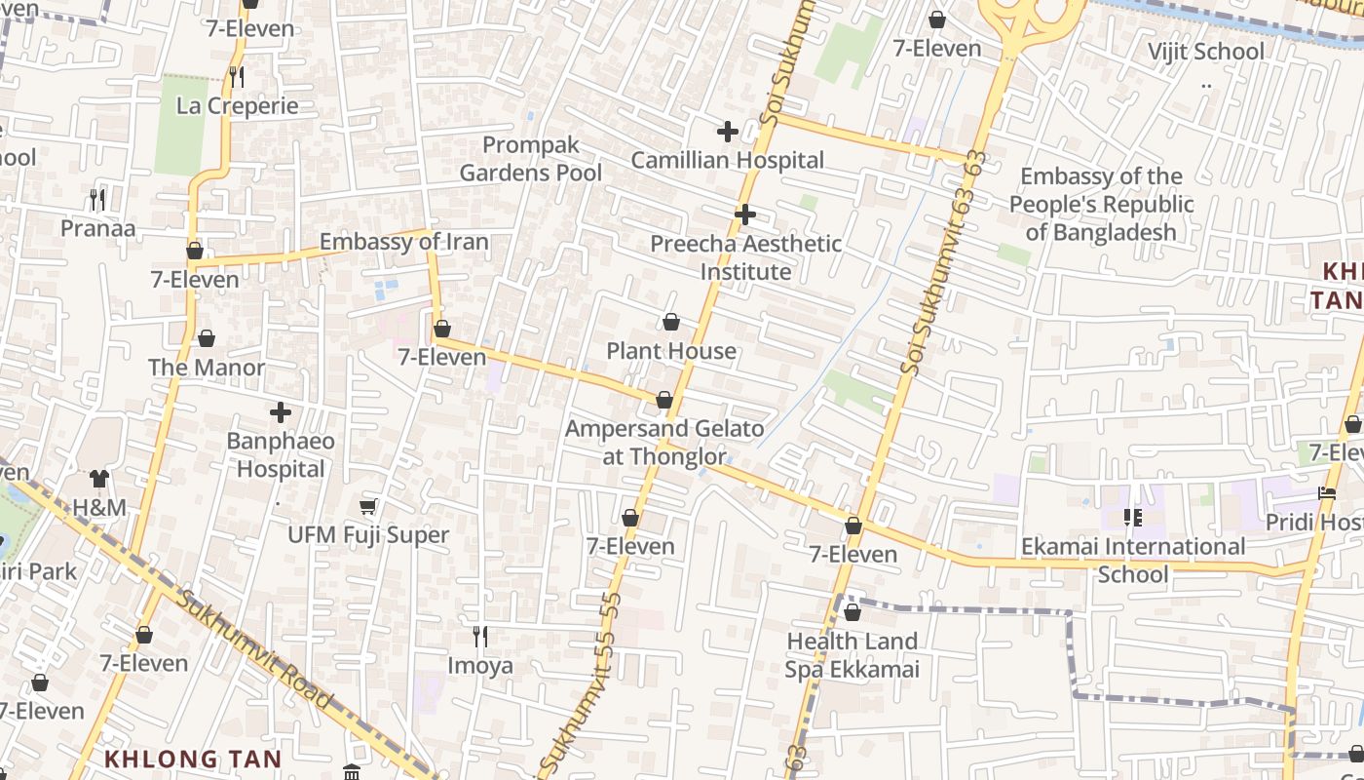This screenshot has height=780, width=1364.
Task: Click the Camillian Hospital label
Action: point(727,160)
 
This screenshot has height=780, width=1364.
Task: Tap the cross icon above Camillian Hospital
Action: point(727,131)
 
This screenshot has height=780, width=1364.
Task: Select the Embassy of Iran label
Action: point(403,242)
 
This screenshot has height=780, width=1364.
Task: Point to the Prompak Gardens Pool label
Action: point(531,159)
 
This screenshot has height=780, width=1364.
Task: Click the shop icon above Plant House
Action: point(671,322)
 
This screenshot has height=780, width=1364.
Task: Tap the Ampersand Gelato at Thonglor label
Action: point(664,442)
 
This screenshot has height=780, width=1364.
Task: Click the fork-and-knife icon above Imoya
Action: point(479,637)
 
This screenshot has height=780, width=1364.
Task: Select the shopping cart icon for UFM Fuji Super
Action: point(368,506)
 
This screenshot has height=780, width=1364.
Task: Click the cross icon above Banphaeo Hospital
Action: point(281,412)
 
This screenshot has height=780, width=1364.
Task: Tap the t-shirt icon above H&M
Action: point(99,478)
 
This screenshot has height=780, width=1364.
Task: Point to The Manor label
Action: point(207,368)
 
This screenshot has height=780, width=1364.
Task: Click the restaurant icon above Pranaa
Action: point(97,199)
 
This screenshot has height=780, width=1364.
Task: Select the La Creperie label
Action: point(237,105)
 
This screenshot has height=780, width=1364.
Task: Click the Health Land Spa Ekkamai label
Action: point(852,654)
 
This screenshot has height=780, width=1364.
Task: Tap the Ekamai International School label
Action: point(1132,560)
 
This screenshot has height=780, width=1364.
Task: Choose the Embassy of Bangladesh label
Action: point(1101,204)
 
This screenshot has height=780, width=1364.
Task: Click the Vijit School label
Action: point(1205,51)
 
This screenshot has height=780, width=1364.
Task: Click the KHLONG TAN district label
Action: point(193,759)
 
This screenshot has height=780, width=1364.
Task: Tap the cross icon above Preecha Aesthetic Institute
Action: point(745,214)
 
